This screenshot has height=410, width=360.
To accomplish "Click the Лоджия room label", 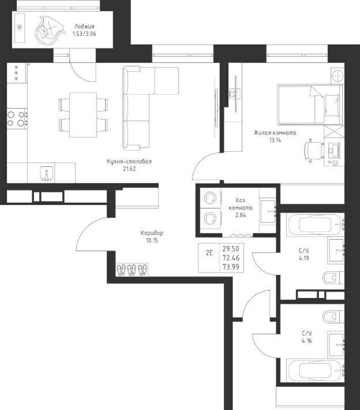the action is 84,26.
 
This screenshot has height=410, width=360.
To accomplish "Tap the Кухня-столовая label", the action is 129,161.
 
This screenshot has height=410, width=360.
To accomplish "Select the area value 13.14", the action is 275,140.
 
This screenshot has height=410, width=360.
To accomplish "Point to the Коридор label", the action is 152,233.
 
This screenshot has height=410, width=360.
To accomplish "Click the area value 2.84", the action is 241,215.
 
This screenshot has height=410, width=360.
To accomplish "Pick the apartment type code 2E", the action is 209,253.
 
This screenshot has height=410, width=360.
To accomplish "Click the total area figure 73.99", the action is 231,267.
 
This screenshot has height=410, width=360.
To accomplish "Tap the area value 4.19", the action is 304,258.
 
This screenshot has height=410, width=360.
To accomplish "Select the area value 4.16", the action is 307,341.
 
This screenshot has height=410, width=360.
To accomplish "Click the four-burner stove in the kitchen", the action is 17,119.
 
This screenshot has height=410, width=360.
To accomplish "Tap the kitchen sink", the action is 47,174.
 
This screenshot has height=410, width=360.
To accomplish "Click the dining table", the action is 83,115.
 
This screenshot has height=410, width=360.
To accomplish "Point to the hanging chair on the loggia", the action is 49,31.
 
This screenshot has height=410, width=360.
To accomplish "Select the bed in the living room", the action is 310,104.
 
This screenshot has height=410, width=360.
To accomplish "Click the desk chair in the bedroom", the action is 314,151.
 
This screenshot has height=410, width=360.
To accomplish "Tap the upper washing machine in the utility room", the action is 211,198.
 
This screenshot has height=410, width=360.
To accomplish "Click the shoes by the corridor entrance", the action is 132,270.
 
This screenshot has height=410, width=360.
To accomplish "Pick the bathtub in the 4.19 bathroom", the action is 316,224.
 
